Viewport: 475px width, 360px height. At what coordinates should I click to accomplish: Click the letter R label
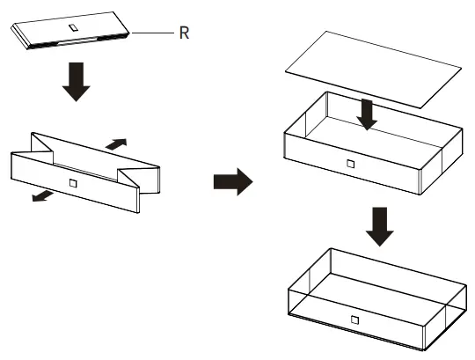click(184, 33)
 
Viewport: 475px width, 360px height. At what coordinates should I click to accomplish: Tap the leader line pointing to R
click(152, 33)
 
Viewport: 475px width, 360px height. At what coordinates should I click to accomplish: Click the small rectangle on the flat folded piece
click(74, 27)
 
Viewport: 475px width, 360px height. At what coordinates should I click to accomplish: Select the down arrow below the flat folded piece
click(77, 82)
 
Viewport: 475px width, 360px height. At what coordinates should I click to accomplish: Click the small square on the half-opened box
click(73, 183)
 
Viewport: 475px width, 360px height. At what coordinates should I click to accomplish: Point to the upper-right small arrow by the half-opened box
click(116, 144)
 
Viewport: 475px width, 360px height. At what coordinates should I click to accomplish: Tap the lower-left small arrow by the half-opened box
click(43, 196)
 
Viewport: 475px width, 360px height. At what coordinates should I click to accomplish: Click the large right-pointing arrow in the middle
click(233, 182)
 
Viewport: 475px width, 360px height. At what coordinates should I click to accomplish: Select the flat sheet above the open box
click(373, 69)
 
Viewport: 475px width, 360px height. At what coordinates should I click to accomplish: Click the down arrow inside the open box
click(367, 114)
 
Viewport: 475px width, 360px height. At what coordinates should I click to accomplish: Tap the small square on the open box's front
click(351, 164)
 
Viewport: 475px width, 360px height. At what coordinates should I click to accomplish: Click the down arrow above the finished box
click(380, 227)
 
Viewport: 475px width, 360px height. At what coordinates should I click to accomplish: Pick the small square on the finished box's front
click(354, 320)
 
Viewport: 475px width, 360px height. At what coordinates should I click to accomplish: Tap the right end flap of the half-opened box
click(150, 180)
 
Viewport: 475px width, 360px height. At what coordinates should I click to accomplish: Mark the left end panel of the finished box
click(310, 279)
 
